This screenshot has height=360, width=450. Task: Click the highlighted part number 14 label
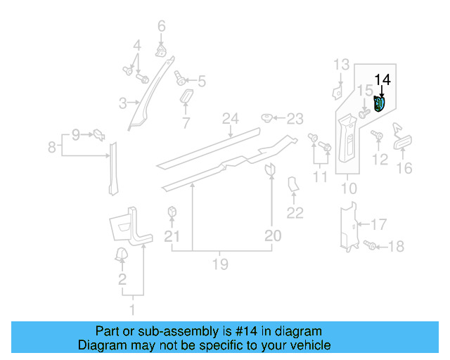point(383,80)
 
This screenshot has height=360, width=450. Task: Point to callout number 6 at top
point(161,27)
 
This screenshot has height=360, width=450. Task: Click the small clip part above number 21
point(171,212)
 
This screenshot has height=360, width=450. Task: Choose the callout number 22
point(295,213)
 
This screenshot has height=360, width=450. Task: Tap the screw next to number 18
point(373,245)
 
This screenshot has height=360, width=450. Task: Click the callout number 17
point(378,225)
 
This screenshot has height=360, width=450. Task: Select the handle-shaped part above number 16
point(402,143)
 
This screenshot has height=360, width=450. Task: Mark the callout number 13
point(341,65)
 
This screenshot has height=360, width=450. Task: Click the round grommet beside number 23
point(267,117)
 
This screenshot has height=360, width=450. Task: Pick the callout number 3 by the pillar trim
point(122,103)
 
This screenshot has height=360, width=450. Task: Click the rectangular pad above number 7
point(188,96)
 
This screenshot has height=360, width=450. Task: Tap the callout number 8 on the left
point(51,148)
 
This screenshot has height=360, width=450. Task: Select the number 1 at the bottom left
point(131,309)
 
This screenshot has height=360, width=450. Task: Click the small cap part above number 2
point(120,255)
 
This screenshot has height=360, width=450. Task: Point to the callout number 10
point(349,188)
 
